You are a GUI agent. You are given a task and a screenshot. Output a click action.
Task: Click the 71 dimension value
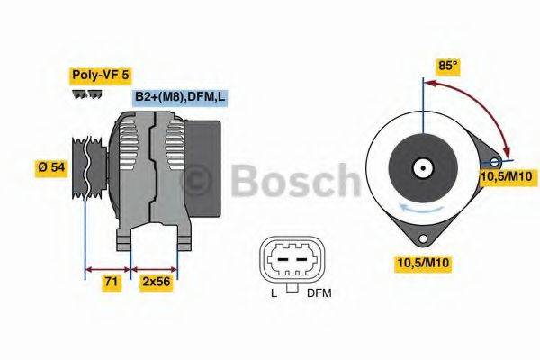click(109, 282)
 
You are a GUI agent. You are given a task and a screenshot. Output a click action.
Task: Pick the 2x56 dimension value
click(156, 282)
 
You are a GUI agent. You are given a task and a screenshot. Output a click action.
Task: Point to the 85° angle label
click(447, 66)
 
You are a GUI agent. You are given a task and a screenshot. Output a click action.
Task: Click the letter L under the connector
click(274, 293)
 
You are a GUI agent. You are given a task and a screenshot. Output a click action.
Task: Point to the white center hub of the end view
click(421, 167)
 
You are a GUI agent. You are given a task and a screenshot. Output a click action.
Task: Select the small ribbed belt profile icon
click(82, 94)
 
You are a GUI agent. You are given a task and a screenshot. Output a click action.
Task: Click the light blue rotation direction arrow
click(409, 206)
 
